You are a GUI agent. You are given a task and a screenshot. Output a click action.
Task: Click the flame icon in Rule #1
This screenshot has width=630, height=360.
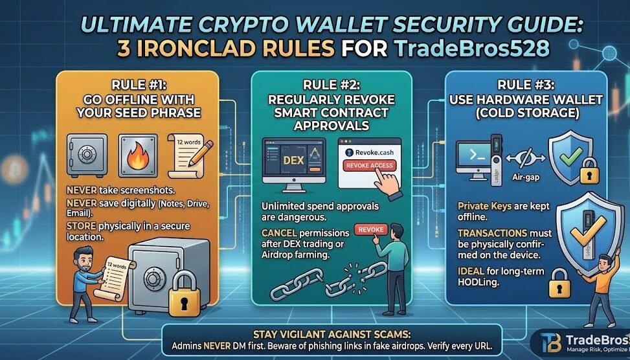[138, 157]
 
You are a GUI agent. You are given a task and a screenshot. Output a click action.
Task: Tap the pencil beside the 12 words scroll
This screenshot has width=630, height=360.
[201, 152]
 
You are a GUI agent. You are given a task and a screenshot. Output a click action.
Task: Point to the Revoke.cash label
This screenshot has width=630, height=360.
[369, 152]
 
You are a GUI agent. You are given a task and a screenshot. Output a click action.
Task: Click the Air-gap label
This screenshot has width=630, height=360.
[526, 177]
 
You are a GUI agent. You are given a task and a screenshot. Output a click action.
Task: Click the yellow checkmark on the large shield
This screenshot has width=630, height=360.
[588, 231]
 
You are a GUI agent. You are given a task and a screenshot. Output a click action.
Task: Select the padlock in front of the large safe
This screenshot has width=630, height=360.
[185, 293]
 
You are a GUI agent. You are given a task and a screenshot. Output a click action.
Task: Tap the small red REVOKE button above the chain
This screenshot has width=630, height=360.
[371, 230]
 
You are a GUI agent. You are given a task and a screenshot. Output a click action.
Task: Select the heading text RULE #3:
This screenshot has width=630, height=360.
[525, 85]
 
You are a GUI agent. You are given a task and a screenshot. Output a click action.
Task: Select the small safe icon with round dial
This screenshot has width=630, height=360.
[87, 155]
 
